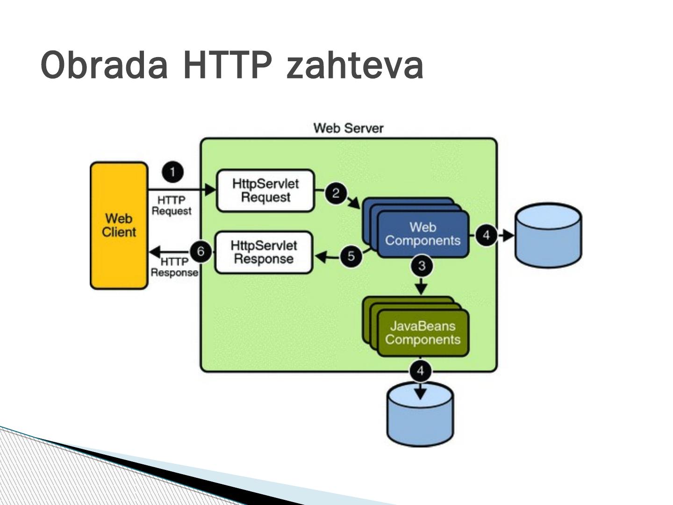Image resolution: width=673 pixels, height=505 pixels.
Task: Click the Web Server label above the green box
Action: [x=348, y=128]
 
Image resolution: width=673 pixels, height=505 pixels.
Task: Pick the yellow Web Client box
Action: [x=119, y=225]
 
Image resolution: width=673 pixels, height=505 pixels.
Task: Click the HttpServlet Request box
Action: [x=265, y=190]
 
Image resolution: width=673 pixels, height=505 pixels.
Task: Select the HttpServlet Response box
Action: [x=264, y=252]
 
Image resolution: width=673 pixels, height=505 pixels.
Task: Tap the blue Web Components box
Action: [x=422, y=234]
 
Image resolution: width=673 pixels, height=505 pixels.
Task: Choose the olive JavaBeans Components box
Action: [x=422, y=333]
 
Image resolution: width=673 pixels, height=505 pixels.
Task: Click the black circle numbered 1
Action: [x=173, y=172]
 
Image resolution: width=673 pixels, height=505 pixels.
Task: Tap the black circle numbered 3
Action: [x=422, y=266]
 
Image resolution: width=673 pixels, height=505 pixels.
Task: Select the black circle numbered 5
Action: [x=351, y=256]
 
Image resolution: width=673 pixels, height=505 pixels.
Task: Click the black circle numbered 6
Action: [x=201, y=252]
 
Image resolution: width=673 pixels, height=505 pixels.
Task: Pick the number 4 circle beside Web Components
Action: [x=486, y=235]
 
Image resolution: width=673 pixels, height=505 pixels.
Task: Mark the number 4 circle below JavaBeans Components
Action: [x=421, y=371]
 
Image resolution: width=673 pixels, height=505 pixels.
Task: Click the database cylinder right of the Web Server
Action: [x=548, y=235]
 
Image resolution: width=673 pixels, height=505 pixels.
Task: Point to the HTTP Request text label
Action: [x=172, y=206]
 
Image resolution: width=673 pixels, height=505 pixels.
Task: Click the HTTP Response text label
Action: [x=174, y=267]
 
